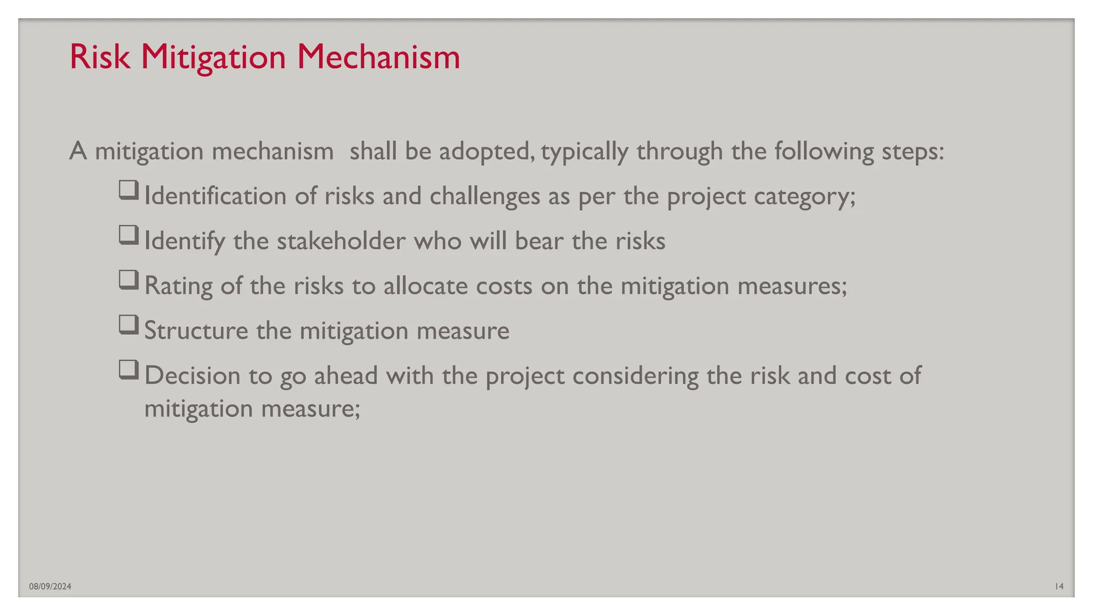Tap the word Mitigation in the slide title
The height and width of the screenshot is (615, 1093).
pyautogui.click(x=213, y=58)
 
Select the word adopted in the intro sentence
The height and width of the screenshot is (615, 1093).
pyautogui.click(x=485, y=152)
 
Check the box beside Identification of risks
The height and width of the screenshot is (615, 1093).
pyautogui.click(x=129, y=191)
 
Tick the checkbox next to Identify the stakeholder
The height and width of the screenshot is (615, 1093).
pyautogui.click(x=129, y=235)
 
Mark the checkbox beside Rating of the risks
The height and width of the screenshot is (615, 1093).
pyautogui.click(x=129, y=280)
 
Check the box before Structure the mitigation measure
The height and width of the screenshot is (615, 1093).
pyautogui.click(x=129, y=325)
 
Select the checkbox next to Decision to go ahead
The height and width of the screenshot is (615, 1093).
pyautogui.click(x=129, y=370)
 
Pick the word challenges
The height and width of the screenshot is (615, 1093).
pyautogui.click(x=485, y=196)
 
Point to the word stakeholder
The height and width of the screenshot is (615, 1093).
pyautogui.click(x=341, y=241)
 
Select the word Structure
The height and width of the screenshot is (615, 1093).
pyautogui.click(x=196, y=330)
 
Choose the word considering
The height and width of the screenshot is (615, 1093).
pyautogui.click(x=635, y=376)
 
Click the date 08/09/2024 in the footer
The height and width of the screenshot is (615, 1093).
pyautogui.click(x=50, y=587)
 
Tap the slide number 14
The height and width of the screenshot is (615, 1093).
pyautogui.click(x=1059, y=587)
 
